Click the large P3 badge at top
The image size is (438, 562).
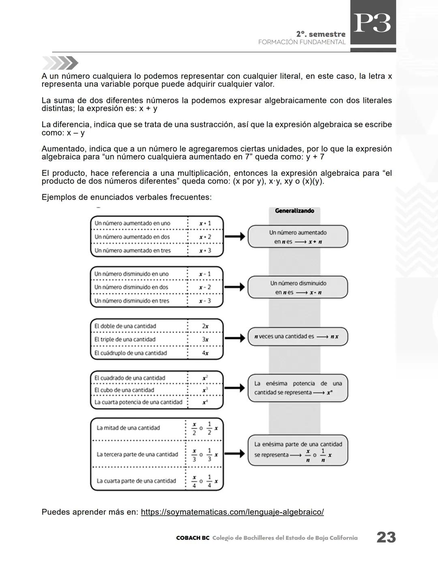[x=373, y=23]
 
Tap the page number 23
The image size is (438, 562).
[x=386, y=537]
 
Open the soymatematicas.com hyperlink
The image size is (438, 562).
[x=232, y=512]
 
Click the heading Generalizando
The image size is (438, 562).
[x=294, y=211]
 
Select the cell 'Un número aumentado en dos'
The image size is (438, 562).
[x=132, y=237]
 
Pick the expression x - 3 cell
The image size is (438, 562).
[x=205, y=301]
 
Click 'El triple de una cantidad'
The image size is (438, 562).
[x=125, y=339]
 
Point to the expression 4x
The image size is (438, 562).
[x=205, y=353]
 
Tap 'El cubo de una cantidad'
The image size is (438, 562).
[x=124, y=390]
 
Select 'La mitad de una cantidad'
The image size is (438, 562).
[x=128, y=428]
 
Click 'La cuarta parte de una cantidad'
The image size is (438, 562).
[x=136, y=481]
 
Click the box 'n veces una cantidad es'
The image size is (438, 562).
[x=298, y=336]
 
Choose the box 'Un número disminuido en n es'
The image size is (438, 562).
[x=298, y=287]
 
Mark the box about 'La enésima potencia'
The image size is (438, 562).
[x=298, y=388]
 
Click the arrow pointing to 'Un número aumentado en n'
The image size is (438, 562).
[x=235, y=236]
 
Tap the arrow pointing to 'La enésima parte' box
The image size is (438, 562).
[x=235, y=454]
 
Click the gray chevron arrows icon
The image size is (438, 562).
[x=60, y=63]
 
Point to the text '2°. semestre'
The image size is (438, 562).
[x=321, y=34]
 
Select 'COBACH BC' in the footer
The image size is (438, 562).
[x=193, y=538]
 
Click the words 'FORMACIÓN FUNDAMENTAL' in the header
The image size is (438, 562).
[x=302, y=42]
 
